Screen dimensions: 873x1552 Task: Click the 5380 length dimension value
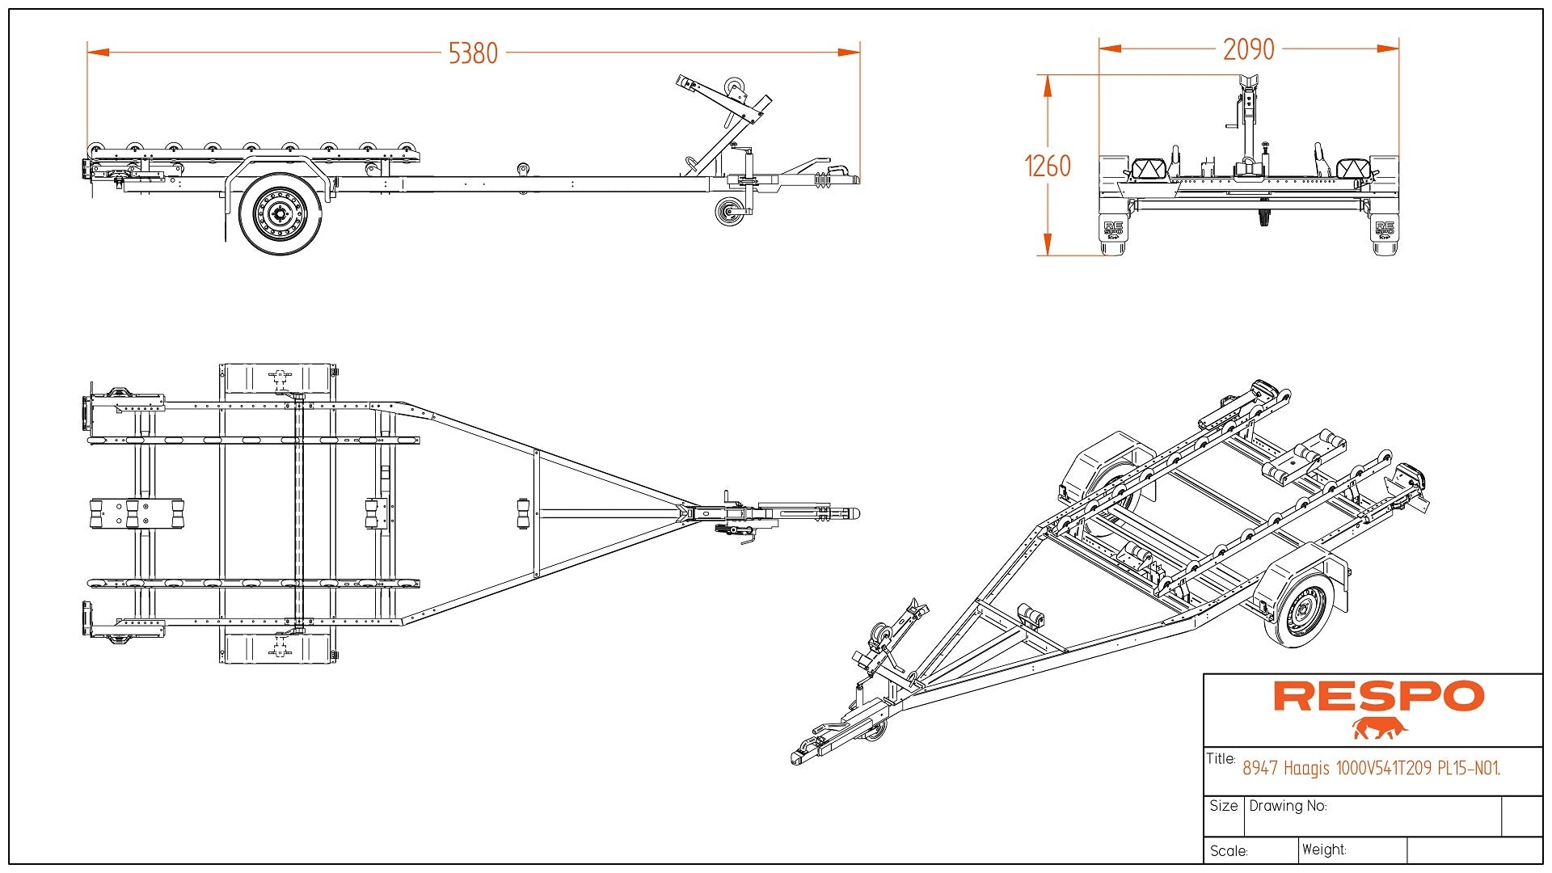click(x=473, y=53)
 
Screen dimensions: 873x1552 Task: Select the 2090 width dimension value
click(x=1248, y=49)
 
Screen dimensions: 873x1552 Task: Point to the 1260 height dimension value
click(x=1047, y=167)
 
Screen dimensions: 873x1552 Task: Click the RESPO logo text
click(x=1378, y=696)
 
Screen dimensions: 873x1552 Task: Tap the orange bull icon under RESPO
click(x=1379, y=728)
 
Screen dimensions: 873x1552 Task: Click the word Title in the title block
click(x=1221, y=758)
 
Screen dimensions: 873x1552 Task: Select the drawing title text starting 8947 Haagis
click(x=1371, y=768)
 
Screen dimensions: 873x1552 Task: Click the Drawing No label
click(x=1288, y=806)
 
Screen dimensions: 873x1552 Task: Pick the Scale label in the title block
click(x=1229, y=850)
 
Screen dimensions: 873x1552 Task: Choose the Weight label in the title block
click(x=1324, y=850)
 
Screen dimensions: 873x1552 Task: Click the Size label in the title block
click(x=1224, y=806)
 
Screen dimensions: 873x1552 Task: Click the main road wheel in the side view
click(x=280, y=214)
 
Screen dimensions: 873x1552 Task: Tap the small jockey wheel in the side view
click(x=730, y=213)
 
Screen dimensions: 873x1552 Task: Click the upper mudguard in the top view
click(x=278, y=377)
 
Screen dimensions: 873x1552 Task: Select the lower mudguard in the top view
click(x=278, y=648)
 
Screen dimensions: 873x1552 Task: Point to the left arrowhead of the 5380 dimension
click(x=98, y=53)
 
